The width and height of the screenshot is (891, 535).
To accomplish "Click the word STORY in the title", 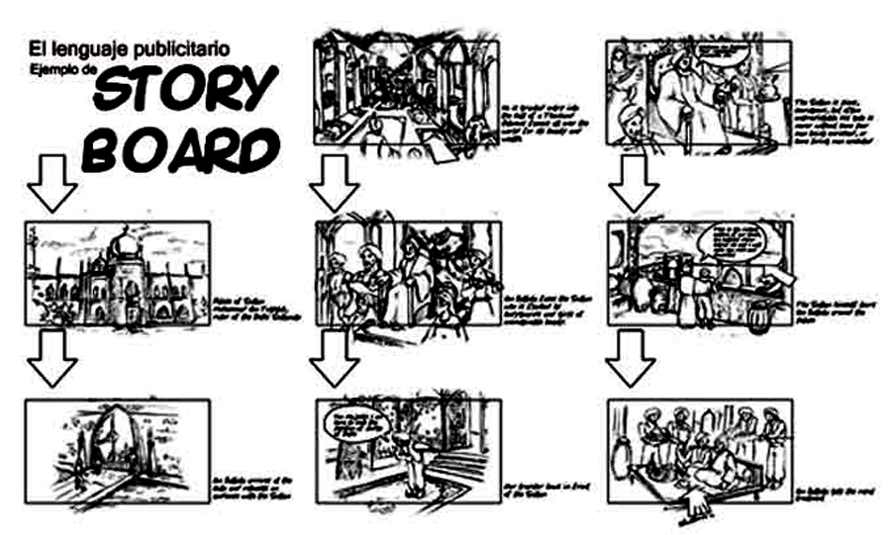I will click(x=184, y=94).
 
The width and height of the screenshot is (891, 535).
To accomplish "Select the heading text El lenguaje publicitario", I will click(x=129, y=46).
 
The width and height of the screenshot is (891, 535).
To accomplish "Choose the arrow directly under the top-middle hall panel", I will click(x=334, y=182).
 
